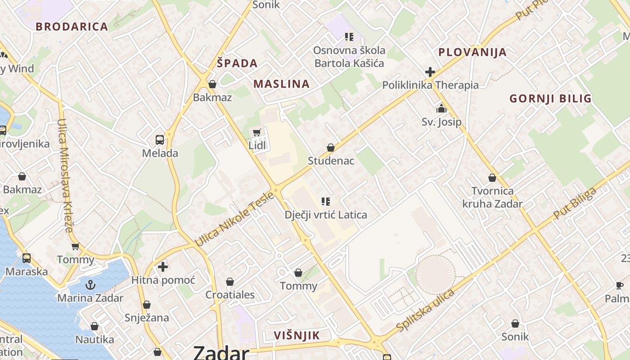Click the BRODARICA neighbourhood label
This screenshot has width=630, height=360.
click(x=72, y=27)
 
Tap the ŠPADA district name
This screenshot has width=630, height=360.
click(x=237, y=63)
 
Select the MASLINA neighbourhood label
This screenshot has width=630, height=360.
click(x=282, y=84)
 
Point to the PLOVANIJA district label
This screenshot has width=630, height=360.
click(x=472, y=52)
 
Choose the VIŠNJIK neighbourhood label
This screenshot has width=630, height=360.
click(x=297, y=335)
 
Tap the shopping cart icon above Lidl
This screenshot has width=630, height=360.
click(x=257, y=132)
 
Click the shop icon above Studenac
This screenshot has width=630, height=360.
click(x=331, y=148)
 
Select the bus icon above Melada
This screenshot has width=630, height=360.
click(x=160, y=139)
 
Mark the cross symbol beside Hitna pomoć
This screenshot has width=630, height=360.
click(x=163, y=267)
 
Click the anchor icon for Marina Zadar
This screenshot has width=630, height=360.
click(x=90, y=285)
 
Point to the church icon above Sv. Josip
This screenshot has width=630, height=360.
click(x=441, y=108)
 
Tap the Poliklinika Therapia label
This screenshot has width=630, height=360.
click(x=430, y=85)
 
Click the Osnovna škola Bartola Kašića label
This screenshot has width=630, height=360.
click(x=349, y=57)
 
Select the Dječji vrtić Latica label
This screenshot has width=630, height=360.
click(x=326, y=215)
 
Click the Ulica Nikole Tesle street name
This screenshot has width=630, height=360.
click(x=234, y=220)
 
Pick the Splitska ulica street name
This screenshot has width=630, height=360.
click(x=426, y=311)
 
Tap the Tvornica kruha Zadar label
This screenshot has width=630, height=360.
click(x=492, y=198)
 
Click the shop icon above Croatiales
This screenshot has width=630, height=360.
click(x=230, y=282)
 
